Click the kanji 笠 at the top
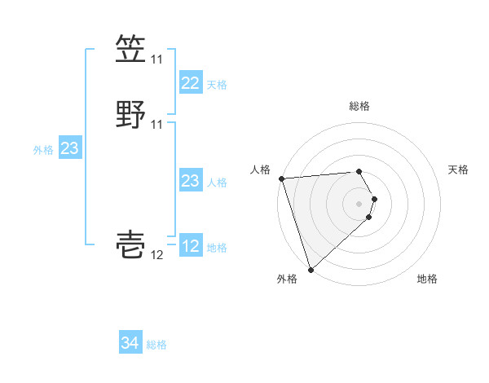131,50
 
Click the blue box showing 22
190,83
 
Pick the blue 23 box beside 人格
190,181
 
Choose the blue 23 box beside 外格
69,148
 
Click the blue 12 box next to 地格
190,246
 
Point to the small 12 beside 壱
156,255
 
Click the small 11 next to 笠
156,59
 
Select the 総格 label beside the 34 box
157,345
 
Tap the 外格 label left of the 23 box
43,150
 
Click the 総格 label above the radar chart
359,106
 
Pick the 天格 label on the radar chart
459,169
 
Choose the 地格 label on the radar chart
427,279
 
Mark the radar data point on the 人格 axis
281,178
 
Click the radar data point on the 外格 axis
311,269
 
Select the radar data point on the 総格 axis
359,171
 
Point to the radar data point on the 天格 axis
375,198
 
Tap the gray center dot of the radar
359,204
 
